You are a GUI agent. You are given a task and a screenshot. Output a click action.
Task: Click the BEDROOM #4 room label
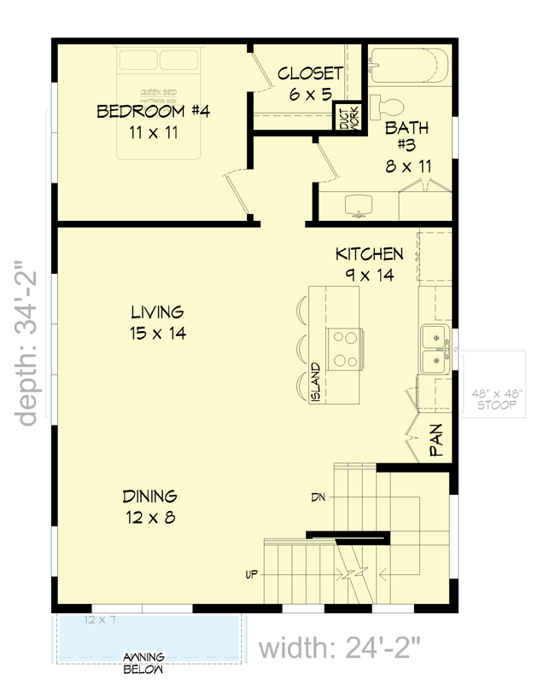point(153,111)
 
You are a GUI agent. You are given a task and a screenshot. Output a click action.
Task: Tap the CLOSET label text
point(310,73)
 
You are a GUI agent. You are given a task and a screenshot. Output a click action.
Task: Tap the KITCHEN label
point(369,254)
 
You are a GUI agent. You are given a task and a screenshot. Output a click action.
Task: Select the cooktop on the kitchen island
point(345,350)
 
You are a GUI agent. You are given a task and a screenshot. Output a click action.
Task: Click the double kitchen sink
point(436,349)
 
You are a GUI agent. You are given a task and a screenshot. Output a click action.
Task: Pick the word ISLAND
point(315,383)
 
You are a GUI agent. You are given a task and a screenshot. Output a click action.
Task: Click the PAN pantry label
point(436,443)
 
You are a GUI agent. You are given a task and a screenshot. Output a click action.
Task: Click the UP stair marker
point(252,574)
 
